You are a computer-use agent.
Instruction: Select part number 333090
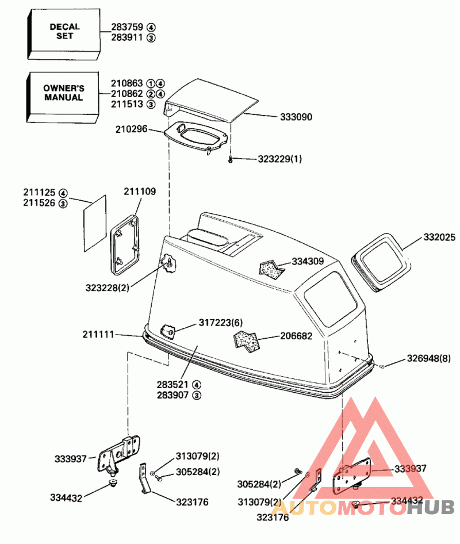click(x=296, y=117)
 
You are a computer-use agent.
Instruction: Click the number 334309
click(x=308, y=261)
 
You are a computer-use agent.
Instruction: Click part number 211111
click(x=98, y=334)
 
